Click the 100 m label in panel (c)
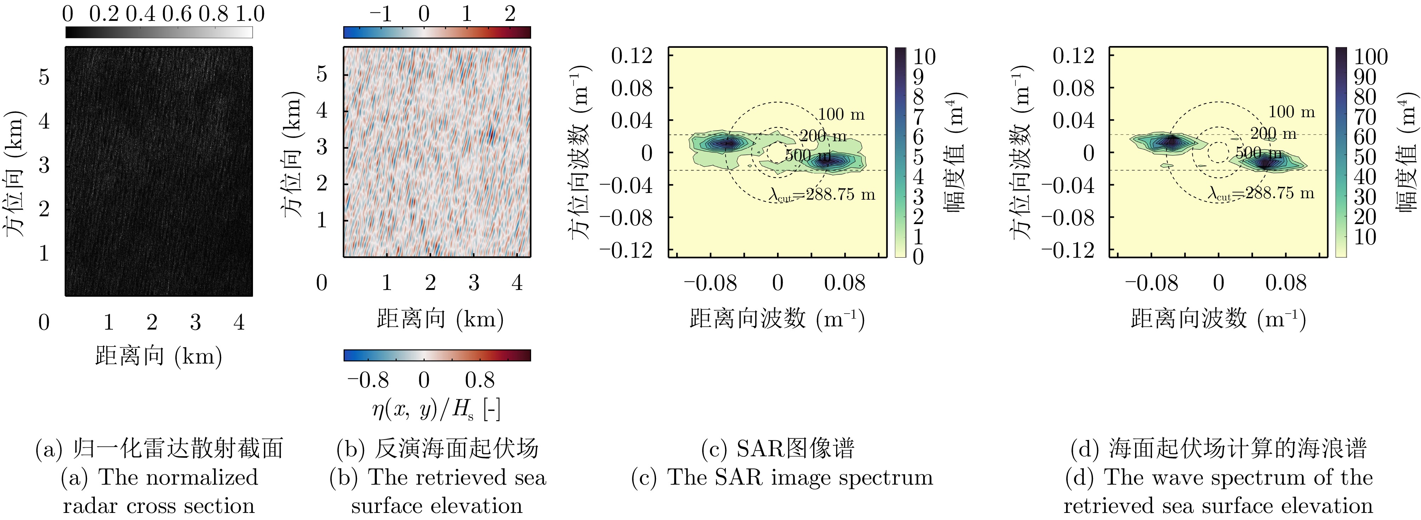click(841, 114)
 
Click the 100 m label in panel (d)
click(1291, 112)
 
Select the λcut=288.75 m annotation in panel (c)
click(822, 194)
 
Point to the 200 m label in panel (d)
click(1273, 133)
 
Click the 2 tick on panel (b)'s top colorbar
click(510, 14)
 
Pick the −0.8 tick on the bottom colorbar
click(368, 380)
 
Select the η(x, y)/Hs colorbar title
click(436, 410)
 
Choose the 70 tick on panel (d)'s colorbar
click(1366, 116)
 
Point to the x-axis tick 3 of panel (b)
click(473, 282)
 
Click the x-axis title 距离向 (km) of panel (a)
click(158, 356)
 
